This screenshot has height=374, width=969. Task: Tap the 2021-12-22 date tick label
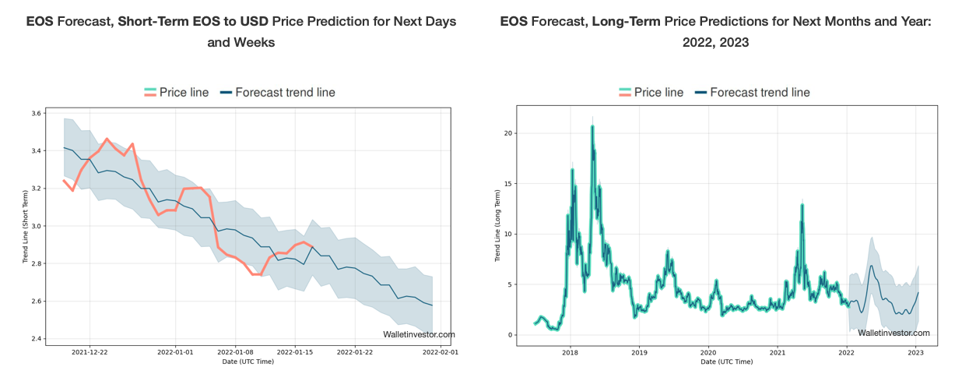[90, 352]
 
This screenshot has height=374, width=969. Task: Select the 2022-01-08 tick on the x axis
[234, 352]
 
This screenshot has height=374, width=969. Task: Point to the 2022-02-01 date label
[441, 352]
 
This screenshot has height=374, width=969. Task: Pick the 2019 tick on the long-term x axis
[639, 352]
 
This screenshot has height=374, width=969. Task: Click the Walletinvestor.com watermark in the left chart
[419, 334]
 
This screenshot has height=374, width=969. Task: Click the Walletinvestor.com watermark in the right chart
[894, 333]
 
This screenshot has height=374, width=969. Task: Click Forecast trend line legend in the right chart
[760, 92]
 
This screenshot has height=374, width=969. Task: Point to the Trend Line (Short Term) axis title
[26, 226]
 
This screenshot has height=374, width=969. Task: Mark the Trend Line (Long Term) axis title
[499, 226]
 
